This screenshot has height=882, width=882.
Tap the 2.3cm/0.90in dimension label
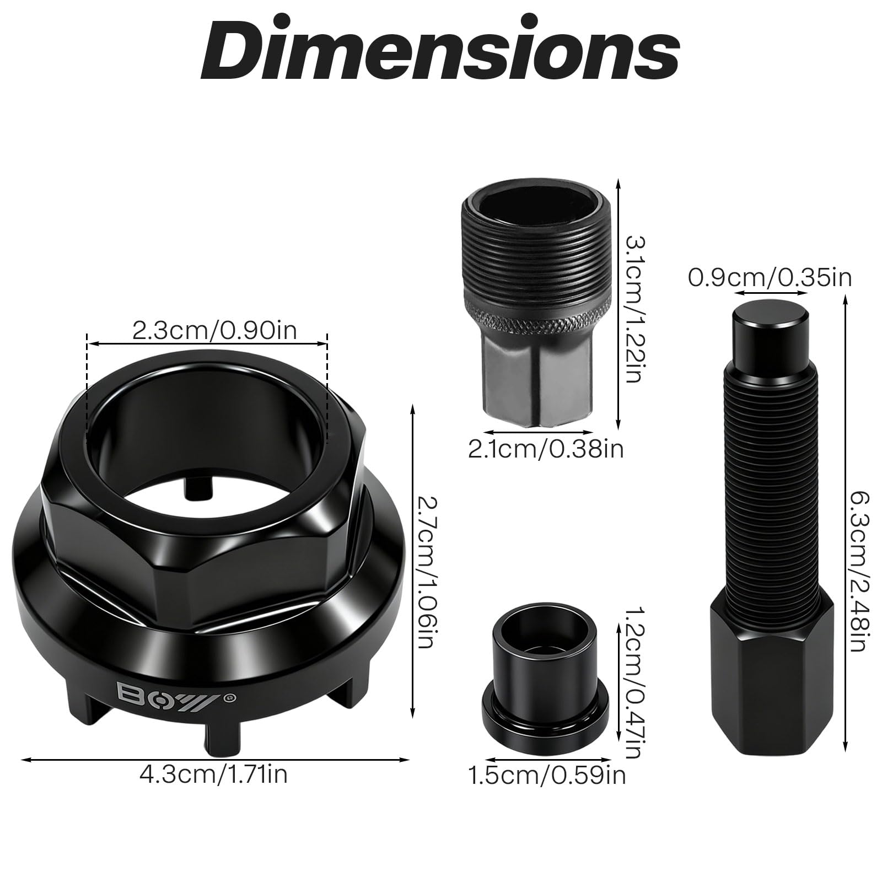click(x=214, y=331)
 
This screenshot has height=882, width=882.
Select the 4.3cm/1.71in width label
click(x=213, y=775)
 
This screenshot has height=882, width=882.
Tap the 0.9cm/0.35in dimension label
click(x=770, y=277)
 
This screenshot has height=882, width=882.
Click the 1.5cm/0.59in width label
click(x=547, y=775)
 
